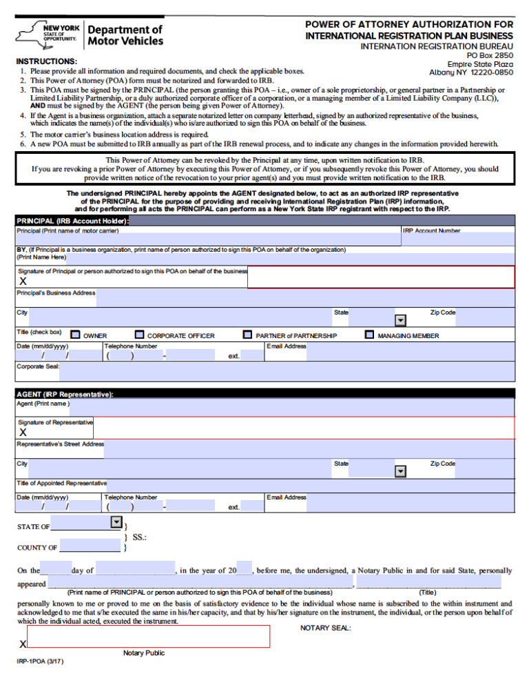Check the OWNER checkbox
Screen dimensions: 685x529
tap(75, 335)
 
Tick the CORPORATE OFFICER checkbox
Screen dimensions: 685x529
tap(139, 335)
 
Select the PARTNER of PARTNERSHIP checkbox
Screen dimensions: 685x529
tap(247, 335)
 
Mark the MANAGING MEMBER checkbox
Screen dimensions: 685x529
tap(369, 335)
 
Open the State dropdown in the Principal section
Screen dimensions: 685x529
tap(400, 320)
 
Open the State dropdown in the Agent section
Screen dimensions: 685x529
tap(400, 471)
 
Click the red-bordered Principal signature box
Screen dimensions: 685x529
tap(381, 277)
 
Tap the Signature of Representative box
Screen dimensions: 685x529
tap(303, 428)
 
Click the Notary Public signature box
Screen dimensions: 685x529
tap(148, 636)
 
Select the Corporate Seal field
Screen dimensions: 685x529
tap(286, 371)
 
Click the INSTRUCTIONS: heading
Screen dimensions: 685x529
tap(46, 61)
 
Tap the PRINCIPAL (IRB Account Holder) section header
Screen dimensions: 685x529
tap(72, 221)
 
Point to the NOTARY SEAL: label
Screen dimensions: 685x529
tap(325, 628)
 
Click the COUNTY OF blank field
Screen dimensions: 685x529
tap(90, 546)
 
